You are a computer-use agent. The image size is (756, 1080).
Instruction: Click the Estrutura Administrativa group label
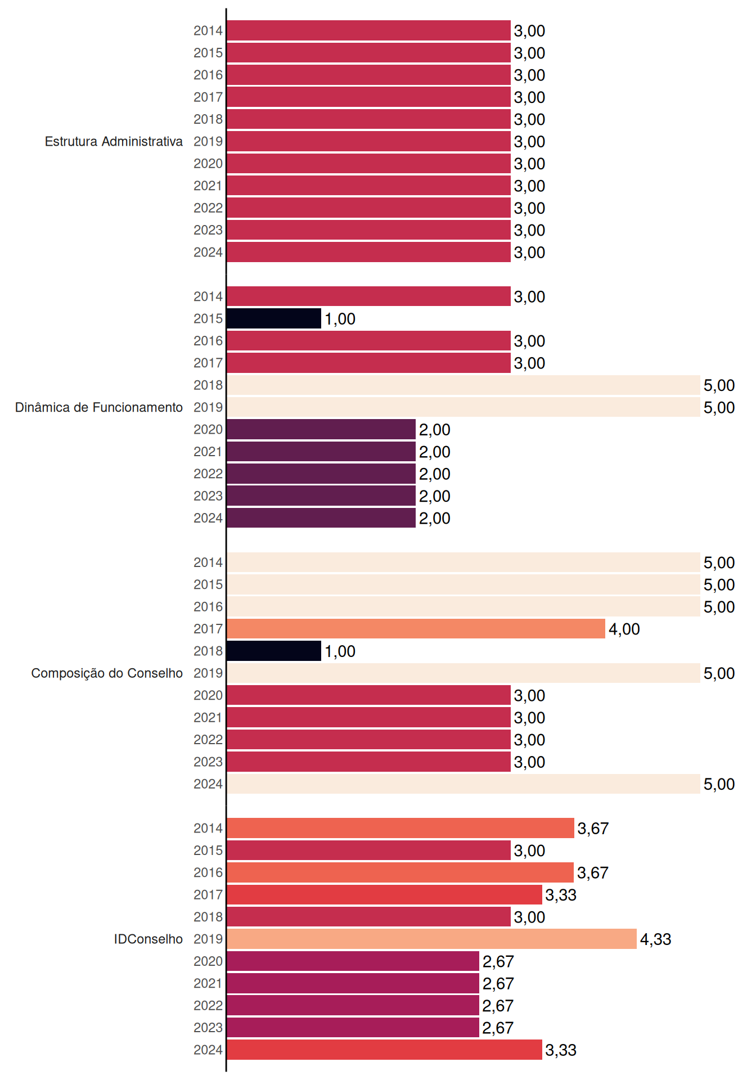point(114,141)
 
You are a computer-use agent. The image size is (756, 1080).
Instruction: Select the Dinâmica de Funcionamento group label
point(99,407)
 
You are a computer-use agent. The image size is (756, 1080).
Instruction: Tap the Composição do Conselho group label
point(107,673)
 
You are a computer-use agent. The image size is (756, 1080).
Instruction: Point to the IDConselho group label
point(148,939)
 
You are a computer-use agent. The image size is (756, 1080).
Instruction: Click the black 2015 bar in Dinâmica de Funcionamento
point(274,318)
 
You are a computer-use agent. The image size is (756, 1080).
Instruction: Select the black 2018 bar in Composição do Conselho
point(274,651)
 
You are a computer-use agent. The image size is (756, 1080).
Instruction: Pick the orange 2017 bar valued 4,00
point(416,629)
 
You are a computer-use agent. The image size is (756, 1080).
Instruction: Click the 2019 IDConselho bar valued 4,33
point(432,939)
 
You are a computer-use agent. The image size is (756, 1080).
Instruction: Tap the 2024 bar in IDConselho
point(385,1050)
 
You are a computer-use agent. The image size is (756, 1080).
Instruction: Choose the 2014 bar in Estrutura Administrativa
point(369,30)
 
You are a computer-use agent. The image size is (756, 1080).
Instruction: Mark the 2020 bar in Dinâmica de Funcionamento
point(321,429)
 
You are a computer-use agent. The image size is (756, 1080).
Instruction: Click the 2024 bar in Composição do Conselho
point(463,784)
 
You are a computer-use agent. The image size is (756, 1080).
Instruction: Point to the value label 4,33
point(656,939)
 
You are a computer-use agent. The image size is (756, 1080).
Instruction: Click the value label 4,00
point(624,629)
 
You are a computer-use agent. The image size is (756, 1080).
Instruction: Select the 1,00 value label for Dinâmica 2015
point(340,319)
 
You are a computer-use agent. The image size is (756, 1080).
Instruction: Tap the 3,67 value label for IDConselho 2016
point(593,873)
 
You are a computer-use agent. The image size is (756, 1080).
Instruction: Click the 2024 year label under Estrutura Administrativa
point(208,253)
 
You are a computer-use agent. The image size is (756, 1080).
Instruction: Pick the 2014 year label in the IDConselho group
point(208,828)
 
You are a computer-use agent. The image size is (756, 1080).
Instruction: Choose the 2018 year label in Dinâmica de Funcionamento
point(208,385)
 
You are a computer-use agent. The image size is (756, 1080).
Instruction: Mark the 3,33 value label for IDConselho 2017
point(561,895)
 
